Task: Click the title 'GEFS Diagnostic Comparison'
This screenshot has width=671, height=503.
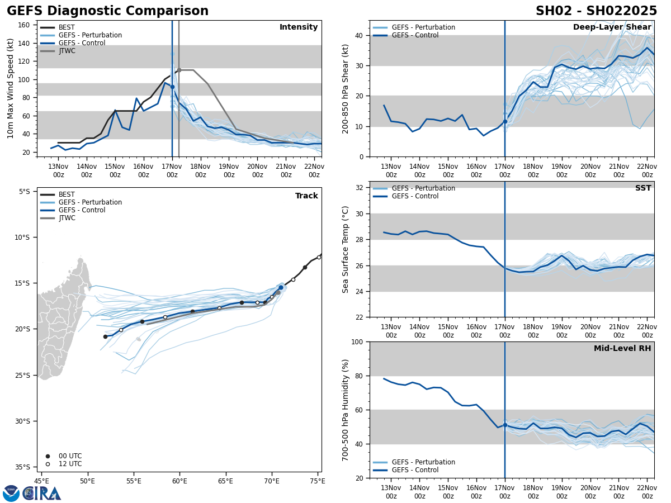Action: [107, 11]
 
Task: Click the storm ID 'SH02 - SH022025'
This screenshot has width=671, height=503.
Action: [596, 11]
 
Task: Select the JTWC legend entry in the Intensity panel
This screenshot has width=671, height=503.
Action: [67, 51]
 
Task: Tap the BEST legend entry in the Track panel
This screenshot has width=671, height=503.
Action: [67, 194]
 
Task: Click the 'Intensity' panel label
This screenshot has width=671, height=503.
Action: [299, 27]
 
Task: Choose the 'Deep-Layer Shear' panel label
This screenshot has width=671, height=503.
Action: [612, 27]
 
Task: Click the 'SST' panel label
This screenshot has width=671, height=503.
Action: [643, 188]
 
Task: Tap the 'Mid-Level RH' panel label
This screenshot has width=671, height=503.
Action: [622, 349]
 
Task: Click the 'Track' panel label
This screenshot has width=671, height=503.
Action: [306, 196]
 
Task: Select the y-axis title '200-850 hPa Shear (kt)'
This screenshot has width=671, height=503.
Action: [346, 88]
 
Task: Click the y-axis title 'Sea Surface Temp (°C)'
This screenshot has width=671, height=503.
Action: [346, 249]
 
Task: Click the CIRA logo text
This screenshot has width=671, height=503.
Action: [42, 493]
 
